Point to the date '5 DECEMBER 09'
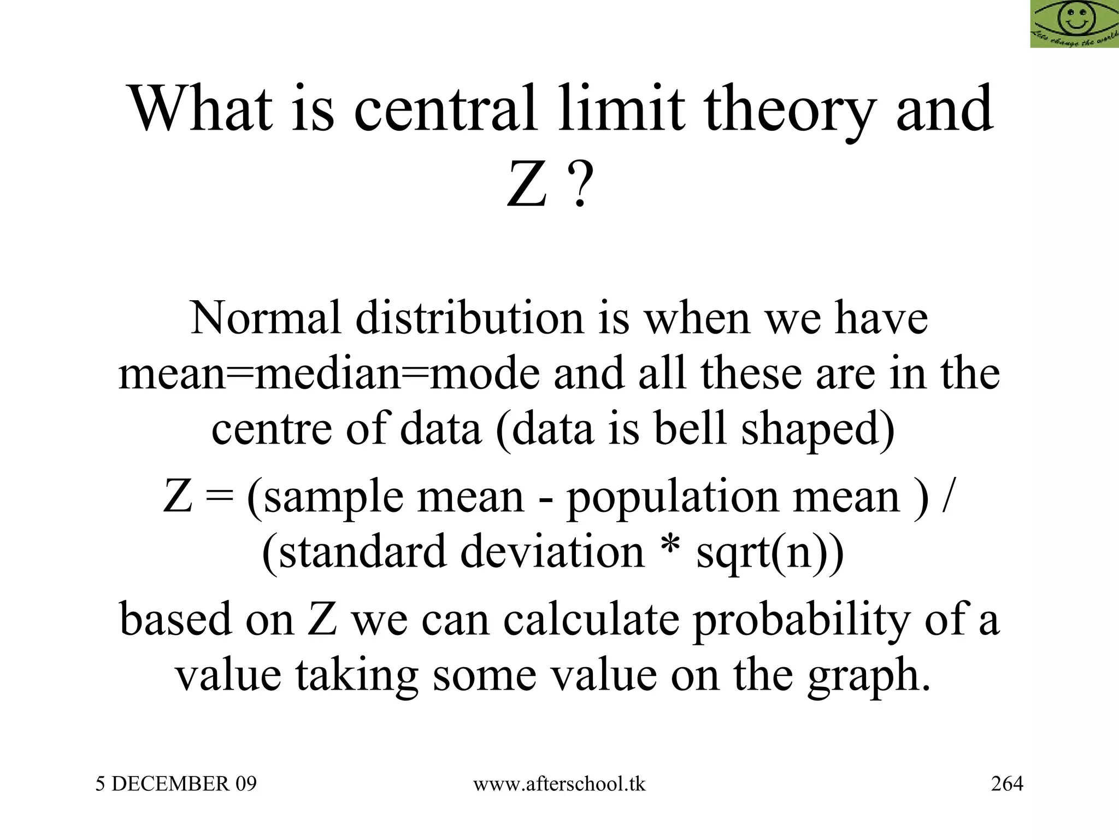pos(176,784)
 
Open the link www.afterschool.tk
pos(559,784)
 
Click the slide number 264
pos(1007,784)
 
